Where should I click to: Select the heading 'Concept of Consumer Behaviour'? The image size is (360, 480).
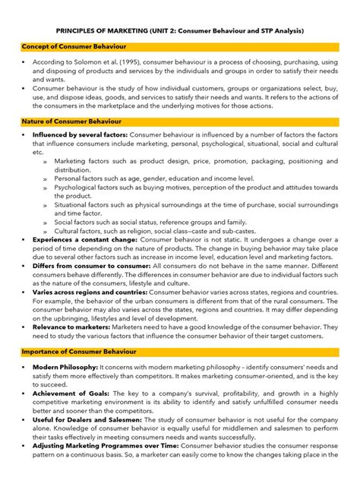68,47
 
